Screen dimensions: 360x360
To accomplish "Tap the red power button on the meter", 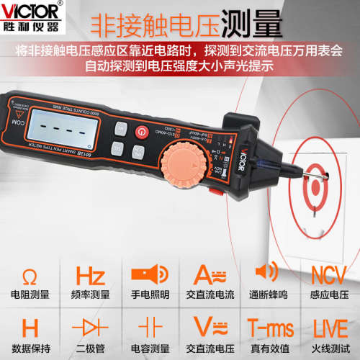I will [x=143, y=133].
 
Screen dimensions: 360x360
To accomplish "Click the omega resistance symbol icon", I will [x=30, y=276].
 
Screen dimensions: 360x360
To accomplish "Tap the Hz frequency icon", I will [x=89, y=276].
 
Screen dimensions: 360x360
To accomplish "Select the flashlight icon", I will [x=149, y=276].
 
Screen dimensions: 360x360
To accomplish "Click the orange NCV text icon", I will [x=328, y=276].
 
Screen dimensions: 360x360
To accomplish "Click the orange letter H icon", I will [x=30, y=325].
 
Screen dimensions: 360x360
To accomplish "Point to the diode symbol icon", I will [x=89, y=326].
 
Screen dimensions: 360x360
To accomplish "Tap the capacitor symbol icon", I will [x=149, y=326].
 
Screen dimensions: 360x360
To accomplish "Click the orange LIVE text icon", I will [x=328, y=326].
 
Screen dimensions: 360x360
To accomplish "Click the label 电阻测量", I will [x=30, y=295].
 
